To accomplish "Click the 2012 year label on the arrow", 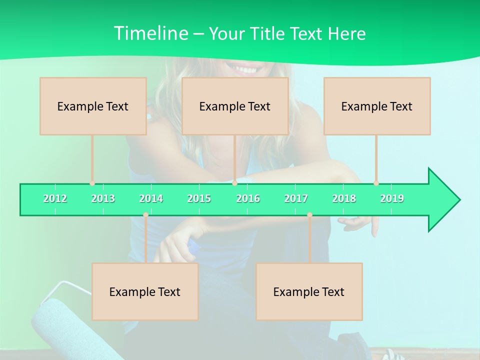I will tap(55, 199).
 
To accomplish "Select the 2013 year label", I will tap(103, 199).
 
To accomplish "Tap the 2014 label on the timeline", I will tap(151, 199).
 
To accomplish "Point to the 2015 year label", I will tap(199, 199).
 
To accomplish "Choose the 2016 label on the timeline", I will tap(248, 199).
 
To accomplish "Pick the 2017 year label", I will tap(296, 199).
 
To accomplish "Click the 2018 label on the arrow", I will tap(344, 199).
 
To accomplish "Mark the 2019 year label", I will tap(392, 199).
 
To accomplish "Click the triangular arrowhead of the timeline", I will tap(443, 200).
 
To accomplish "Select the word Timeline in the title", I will tap(150, 33).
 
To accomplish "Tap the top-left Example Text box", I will tap(93, 106).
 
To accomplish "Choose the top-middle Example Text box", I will tap(235, 106).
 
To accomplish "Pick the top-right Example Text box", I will tap(377, 106).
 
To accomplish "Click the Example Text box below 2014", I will tap(145, 291).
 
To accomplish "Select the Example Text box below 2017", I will tap(309, 291).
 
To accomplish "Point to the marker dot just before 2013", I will tap(92, 183).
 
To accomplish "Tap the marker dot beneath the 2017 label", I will tap(309, 215).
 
